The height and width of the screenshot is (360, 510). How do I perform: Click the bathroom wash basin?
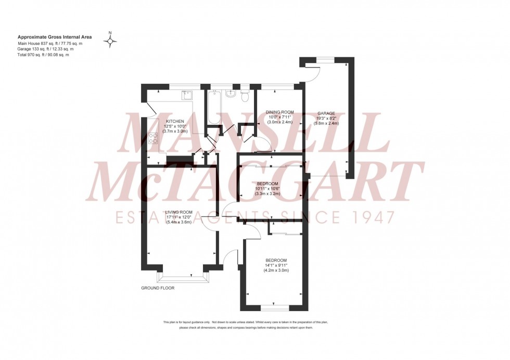pyautogui.click(x=232, y=93)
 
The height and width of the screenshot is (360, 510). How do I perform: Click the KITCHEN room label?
pyautogui.click(x=175, y=121)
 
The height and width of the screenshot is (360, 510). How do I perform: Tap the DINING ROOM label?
pyautogui.click(x=279, y=112)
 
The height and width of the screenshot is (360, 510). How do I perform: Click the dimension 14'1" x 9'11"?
pyautogui.click(x=276, y=265)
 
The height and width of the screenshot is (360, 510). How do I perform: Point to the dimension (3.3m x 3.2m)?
pyautogui.click(x=268, y=194)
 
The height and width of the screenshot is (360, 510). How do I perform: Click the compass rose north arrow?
pyautogui.click(x=110, y=41)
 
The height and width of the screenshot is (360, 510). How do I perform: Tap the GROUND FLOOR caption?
pyautogui.click(x=158, y=288)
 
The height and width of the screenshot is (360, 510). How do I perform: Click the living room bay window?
pyautogui.click(x=180, y=278)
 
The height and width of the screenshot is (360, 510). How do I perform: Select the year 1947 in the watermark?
pyautogui.click(x=371, y=217)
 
